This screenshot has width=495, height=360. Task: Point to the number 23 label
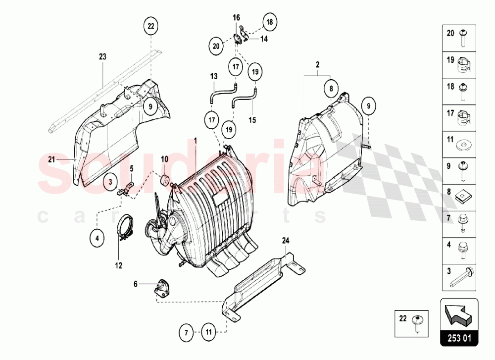102,57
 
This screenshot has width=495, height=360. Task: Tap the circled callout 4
98,238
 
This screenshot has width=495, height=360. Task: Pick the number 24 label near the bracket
285,241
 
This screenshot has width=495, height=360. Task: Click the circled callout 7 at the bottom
186,333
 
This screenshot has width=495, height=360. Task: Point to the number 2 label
317,64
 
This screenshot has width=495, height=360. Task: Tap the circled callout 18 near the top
269,22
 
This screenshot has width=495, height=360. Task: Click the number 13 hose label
213,76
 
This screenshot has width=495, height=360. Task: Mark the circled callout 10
165,159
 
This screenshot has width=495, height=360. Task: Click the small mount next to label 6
162,288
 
